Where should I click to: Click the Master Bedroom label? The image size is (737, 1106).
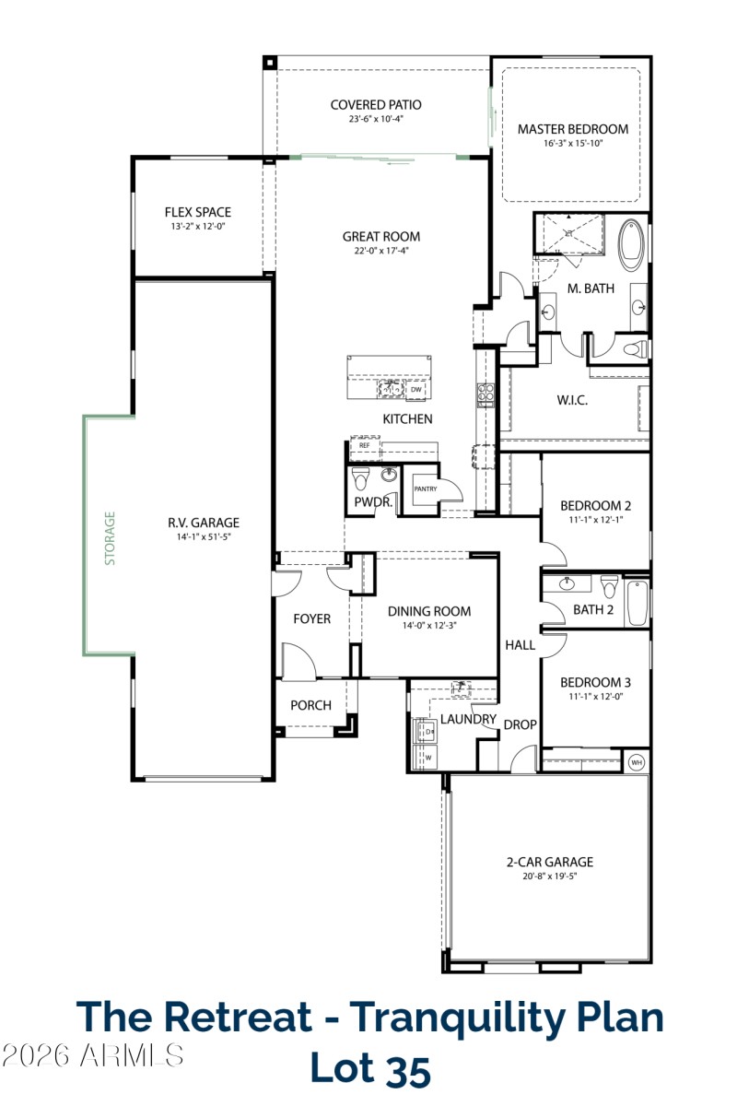[x=572, y=129]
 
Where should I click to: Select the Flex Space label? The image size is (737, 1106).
[x=198, y=212]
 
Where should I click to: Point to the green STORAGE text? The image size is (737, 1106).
[x=110, y=537]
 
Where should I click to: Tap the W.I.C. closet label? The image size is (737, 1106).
[x=572, y=400]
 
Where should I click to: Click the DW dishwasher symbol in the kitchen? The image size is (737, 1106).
[x=416, y=390]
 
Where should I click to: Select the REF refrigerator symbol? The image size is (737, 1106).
[x=365, y=446]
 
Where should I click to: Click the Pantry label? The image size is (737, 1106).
[x=425, y=488]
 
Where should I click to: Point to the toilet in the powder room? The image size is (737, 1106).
[x=361, y=478]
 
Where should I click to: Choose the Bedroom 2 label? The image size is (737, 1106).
[x=596, y=505]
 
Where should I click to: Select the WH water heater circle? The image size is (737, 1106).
[x=637, y=762]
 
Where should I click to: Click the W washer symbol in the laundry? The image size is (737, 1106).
[x=427, y=757]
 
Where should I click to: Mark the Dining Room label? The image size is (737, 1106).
[x=429, y=611]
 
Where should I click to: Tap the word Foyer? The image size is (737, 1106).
[x=311, y=618]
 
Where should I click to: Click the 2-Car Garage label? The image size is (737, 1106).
[x=549, y=863]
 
